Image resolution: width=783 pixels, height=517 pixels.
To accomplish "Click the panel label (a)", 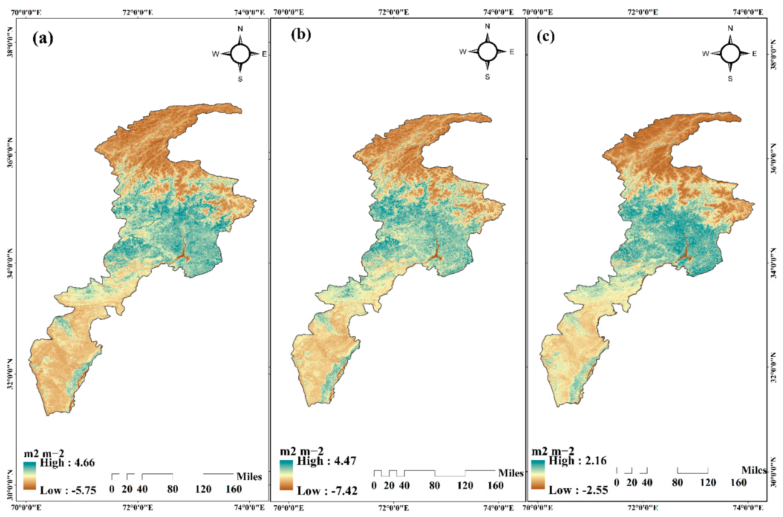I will [x=43, y=39].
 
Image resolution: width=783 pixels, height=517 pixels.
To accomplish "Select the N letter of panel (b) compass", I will [x=487, y=26].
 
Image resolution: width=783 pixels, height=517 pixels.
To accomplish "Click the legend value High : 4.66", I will [x=67, y=463].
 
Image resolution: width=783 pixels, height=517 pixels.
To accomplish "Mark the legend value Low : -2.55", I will [x=578, y=490].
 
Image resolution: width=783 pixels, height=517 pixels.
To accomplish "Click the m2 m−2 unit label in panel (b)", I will [x=302, y=451].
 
